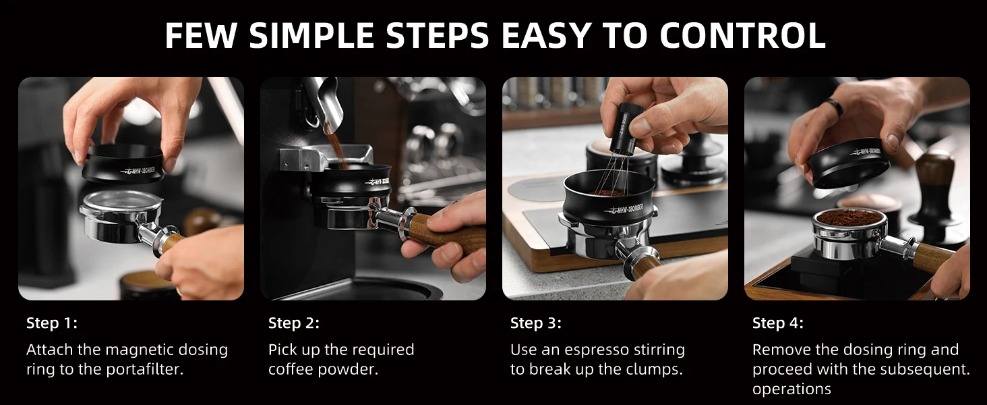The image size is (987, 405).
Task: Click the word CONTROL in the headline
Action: [x=742, y=35]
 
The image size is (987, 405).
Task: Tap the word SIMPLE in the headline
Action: [x=311, y=35]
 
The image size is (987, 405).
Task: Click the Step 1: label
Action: [x=52, y=323]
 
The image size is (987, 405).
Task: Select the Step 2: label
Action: [x=294, y=323]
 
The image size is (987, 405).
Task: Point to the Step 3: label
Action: [x=536, y=323]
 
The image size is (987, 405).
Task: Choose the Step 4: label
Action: [x=778, y=323]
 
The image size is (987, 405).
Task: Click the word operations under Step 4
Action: [x=791, y=389]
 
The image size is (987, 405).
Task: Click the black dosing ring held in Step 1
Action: [x=123, y=165]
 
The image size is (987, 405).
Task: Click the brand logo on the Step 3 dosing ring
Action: [x=626, y=208]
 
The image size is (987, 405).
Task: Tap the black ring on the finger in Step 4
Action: [x=835, y=107]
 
